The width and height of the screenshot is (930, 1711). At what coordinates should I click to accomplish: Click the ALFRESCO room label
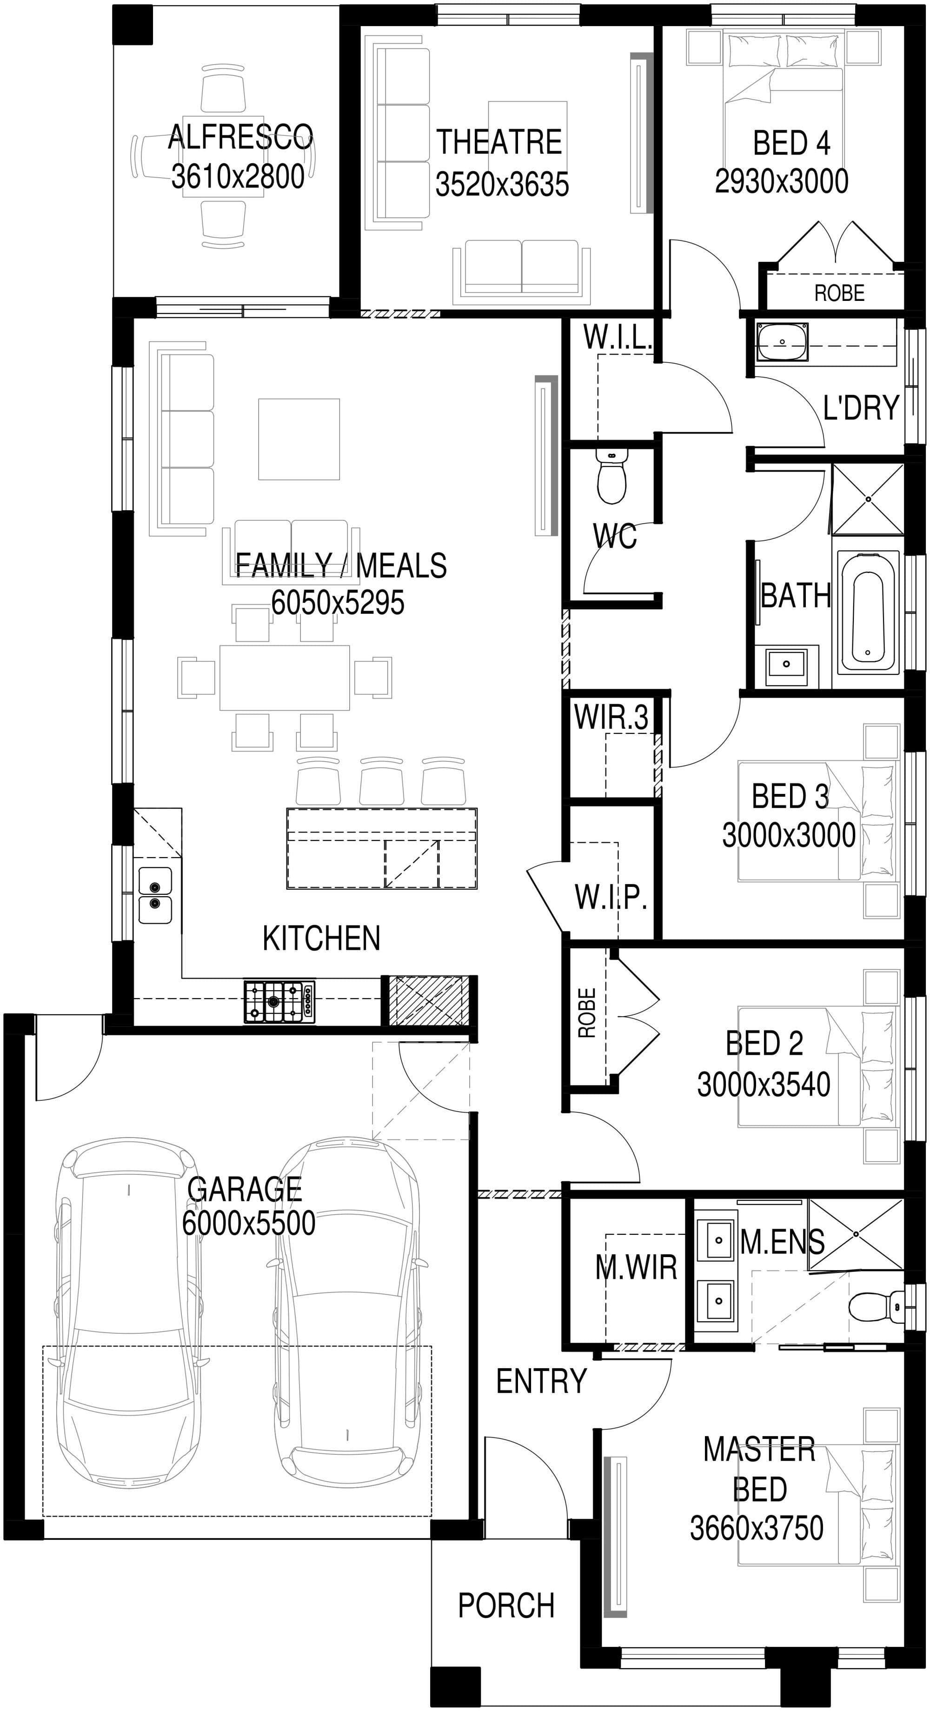[240, 138]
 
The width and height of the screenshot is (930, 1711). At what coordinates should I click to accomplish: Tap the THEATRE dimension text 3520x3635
[502, 184]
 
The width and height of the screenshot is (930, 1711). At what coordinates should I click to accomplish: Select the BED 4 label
[791, 143]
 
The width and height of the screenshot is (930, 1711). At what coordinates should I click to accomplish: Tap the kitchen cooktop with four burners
[279, 1000]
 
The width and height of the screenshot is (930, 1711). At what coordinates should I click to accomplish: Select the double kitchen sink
[155, 895]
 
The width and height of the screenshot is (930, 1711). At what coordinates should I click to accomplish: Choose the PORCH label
[506, 1605]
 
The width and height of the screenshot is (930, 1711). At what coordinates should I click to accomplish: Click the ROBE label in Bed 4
[840, 293]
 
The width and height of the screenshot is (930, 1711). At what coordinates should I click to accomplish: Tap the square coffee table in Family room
[299, 439]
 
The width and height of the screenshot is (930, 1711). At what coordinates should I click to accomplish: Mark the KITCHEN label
[321, 938]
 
